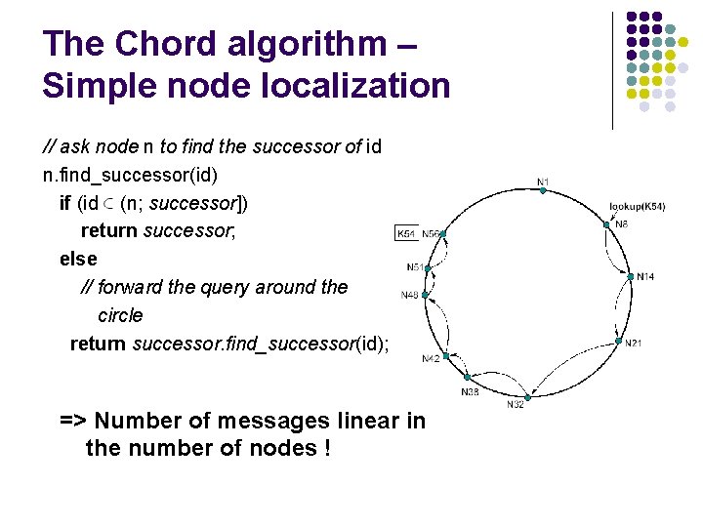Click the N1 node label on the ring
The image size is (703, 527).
[543, 182]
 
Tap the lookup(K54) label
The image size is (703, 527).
[637, 206]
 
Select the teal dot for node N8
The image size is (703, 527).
[606, 224]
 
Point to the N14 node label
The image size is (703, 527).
[645, 277]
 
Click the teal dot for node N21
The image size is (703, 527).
[618, 342]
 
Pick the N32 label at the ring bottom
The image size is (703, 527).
[515, 405]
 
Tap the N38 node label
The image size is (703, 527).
[470, 391]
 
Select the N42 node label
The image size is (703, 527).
[431, 359]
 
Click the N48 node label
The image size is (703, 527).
[410, 295]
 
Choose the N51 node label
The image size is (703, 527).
[415, 267]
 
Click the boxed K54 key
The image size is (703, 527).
[406, 234]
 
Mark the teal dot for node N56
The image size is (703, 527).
[442, 234]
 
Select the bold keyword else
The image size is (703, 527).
[78, 259]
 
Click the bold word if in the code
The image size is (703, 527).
[64, 203]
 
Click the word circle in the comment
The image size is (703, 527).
[120, 315]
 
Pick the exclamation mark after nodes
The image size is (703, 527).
[324, 450]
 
